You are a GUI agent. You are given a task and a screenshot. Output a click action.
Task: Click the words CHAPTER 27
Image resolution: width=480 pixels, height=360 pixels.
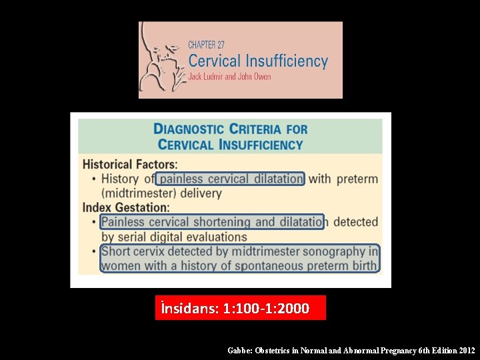tap(206, 45)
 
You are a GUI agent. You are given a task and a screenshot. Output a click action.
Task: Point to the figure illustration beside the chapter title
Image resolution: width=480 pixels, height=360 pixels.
tap(161, 60)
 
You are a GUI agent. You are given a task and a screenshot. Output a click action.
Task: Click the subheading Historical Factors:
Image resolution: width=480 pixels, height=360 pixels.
tap(130, 164)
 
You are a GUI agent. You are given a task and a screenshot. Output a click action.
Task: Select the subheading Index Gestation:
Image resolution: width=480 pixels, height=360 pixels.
tap(126, 207)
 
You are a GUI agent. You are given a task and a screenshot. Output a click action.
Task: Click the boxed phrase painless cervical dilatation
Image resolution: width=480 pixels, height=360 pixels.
tap(231, 179)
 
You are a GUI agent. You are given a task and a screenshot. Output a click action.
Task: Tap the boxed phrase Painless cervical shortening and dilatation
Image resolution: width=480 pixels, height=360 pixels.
tap(212, 222)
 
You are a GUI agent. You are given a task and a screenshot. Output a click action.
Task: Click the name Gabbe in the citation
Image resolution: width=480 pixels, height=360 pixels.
tap(239, 350)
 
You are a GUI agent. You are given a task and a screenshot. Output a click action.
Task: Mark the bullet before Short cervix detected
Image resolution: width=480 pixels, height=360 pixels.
tap(94, 251)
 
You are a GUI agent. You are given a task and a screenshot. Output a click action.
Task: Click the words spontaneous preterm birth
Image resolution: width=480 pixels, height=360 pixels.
tap(321, 266)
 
